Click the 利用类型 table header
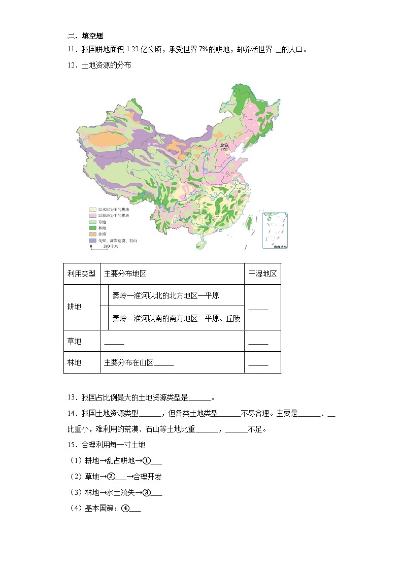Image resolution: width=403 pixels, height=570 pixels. click(81, 274)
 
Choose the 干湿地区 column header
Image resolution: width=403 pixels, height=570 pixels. click(262, 274)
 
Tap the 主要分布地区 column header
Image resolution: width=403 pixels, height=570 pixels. click(125, 274)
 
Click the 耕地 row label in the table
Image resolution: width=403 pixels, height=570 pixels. click(74, 307)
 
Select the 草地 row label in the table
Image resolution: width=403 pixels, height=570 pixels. click(74, 341)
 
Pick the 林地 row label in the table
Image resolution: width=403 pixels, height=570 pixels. click(74, 362)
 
